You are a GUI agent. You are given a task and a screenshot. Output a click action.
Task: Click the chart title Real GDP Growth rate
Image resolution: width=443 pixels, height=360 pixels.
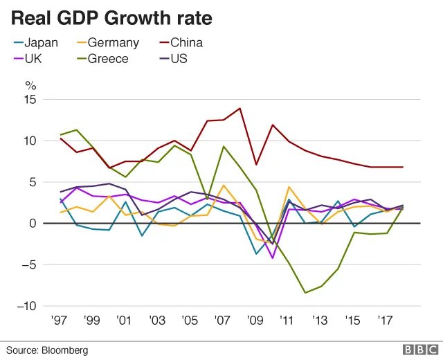[111, 17]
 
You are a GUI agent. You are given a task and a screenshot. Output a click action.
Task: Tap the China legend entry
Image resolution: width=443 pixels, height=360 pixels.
[186, 43]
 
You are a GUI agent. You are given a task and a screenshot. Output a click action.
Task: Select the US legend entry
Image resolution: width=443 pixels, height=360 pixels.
[179, 59]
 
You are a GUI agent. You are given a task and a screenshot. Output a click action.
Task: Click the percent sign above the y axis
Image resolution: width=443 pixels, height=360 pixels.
[30, 86]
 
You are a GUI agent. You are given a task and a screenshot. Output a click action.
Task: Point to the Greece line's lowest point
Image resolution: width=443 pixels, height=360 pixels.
[305, 293]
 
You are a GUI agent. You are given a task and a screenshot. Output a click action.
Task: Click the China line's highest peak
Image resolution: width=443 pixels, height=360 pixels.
[240, 108]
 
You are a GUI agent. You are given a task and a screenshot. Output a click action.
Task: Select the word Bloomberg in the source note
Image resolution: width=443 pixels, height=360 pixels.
[66, 351]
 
